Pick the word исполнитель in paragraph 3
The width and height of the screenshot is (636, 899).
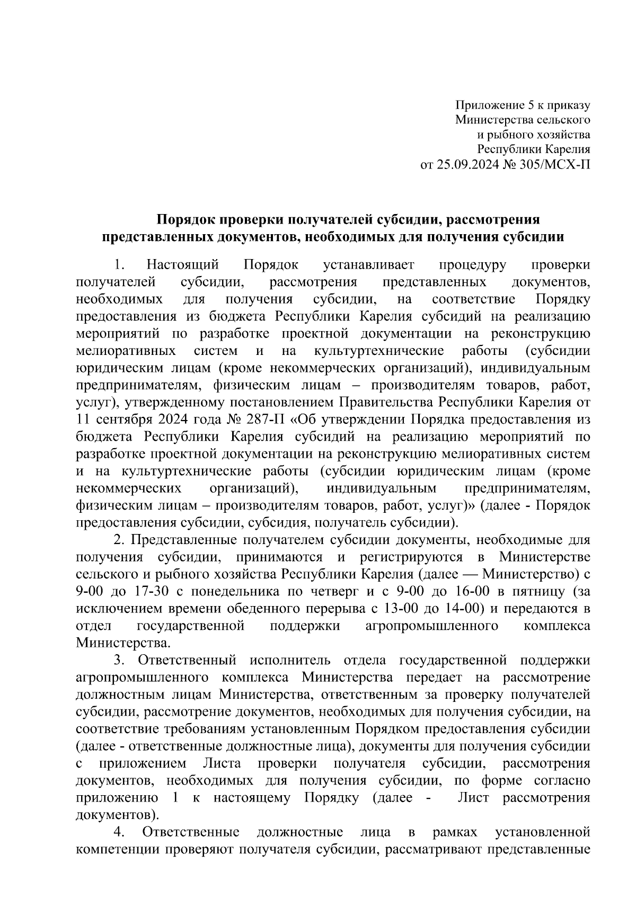[x=290, y=660]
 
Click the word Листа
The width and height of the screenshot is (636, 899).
[x=222, y=763]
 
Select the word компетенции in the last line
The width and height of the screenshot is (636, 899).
[x=117, y=850]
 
